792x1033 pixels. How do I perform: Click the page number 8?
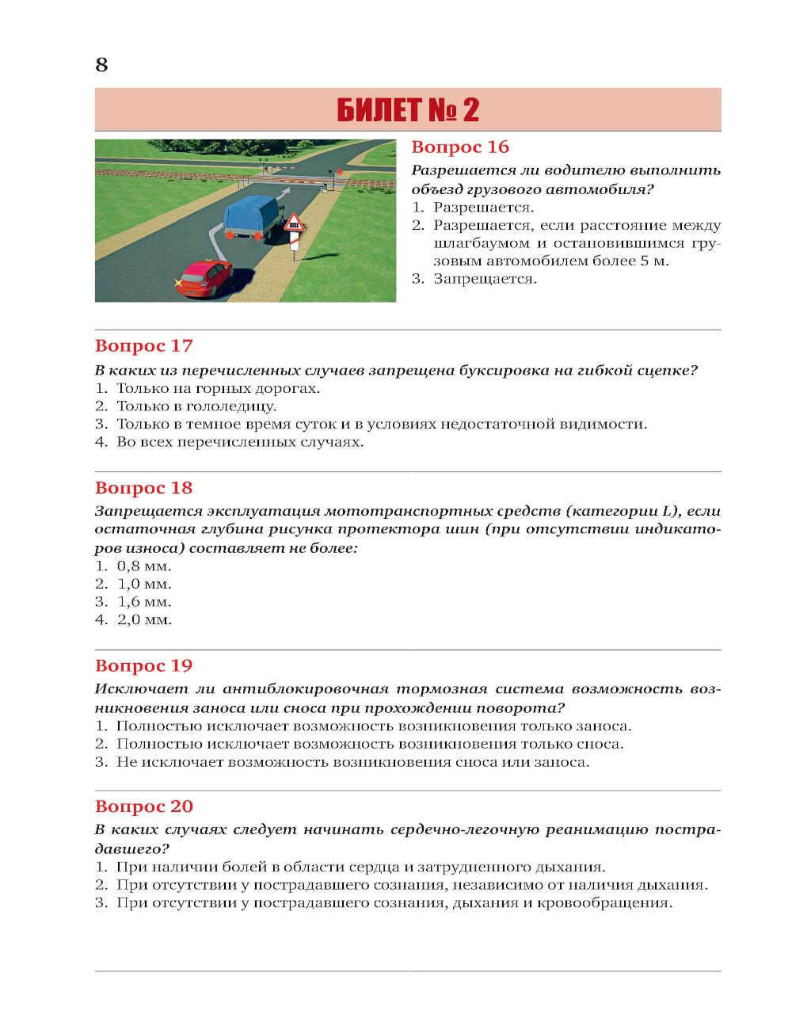[101, 65]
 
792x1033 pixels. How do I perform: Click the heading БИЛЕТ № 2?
[408, 110]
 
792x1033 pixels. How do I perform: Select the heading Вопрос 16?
[460, 147]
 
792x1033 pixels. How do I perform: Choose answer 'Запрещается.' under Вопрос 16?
[484, 279]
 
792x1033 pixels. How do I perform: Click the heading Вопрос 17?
[143, 346]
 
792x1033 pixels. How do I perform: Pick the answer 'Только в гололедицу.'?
[196, 406]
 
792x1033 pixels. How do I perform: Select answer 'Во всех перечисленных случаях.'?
[239, 442]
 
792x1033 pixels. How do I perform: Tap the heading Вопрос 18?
[143, 488]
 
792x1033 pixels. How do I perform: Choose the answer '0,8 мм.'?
[143, 566]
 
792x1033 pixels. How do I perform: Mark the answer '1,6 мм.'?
[143, 602]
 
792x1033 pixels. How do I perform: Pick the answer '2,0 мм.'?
[143, 619]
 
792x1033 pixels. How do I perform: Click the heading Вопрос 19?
[143, 665]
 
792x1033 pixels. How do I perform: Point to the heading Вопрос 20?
[143, 806]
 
